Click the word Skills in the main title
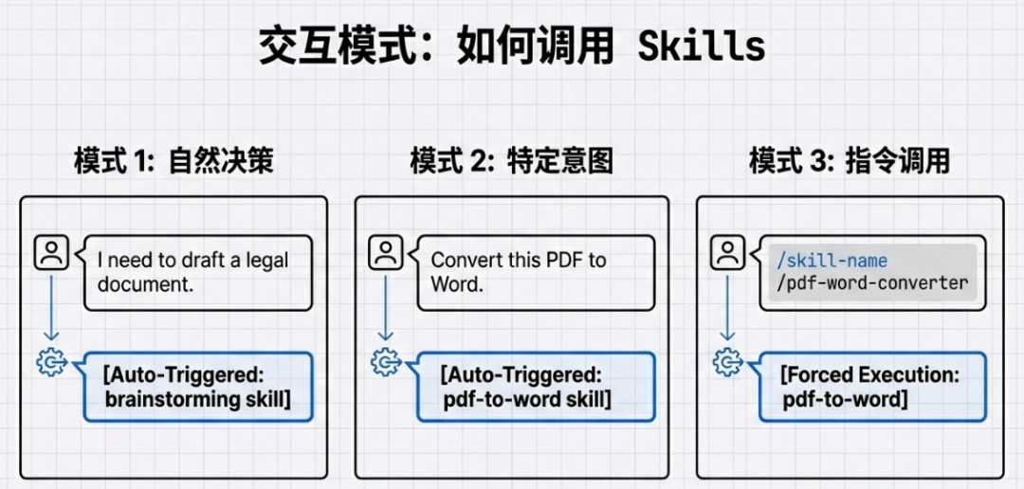[x=701, y=45]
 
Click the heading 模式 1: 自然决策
[x=174, y=161]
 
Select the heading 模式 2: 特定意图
[x=511, y=161]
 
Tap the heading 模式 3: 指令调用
[x=849, y=161]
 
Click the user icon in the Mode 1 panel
[x=51, y=253]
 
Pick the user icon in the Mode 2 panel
[x=385, y=253]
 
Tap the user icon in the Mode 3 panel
[x=727, y=253]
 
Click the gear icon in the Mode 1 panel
[x=51, y=362]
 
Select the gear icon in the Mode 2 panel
[x=385, y=362]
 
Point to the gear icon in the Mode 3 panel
[x=727, y=362]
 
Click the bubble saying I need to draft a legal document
[x=197, y=272]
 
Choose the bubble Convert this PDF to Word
[x=535, y=272]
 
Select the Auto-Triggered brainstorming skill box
[x=197, y=387]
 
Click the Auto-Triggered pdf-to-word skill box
[x=535, y=387]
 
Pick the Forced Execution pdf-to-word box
[x=872, y=387]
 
